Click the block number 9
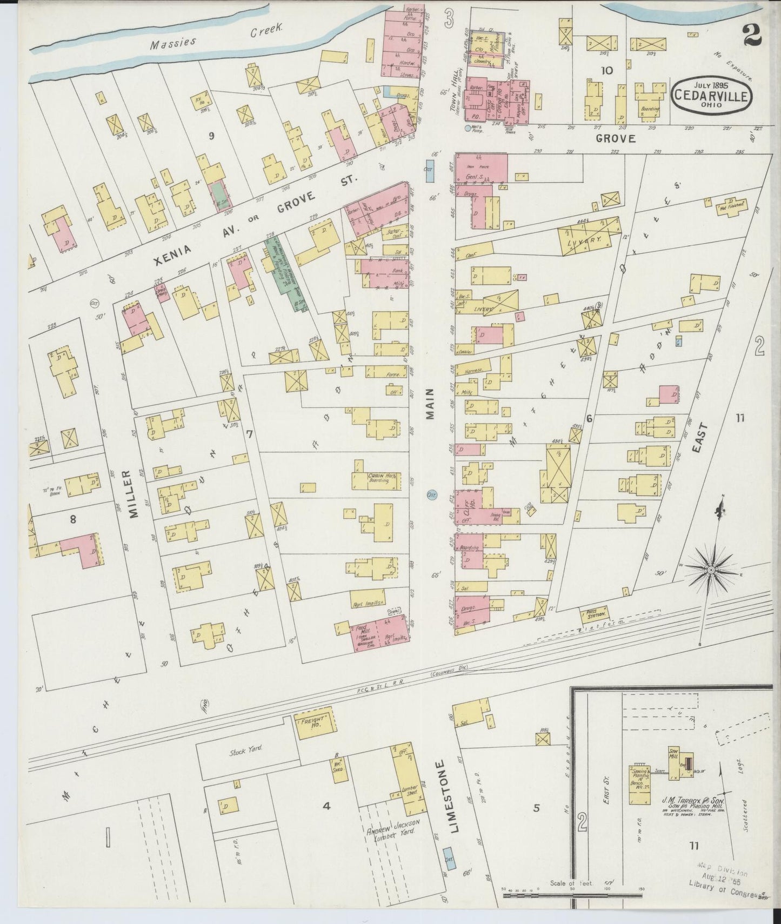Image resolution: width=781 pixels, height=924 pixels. click(211, 136)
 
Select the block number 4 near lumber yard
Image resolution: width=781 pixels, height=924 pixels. click(326, 806)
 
